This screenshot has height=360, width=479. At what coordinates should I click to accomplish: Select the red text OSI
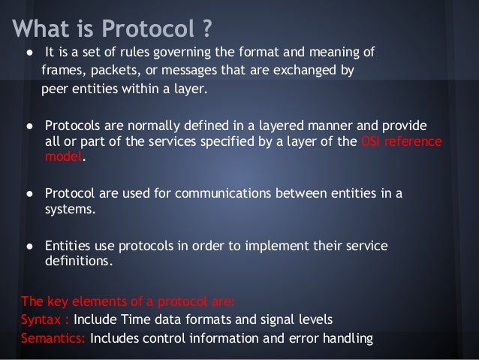pyautogui.click(x=374, y=141)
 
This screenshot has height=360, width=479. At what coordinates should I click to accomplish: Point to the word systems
pyautogui.click(x=70, y=210)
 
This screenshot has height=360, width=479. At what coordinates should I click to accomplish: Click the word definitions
pyautogui.click(x=77, y=262)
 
